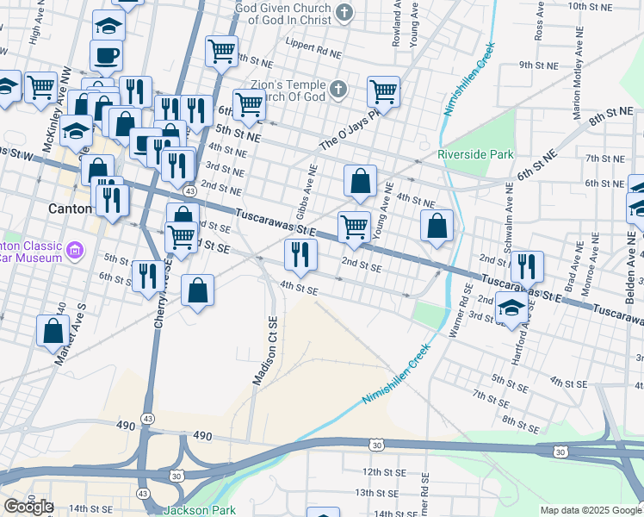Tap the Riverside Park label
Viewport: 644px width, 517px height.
475,154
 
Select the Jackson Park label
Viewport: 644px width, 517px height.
199,510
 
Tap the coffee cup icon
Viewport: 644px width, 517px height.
107,56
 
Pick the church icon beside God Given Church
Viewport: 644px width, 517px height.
344,12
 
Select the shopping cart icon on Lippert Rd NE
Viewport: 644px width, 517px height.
221,51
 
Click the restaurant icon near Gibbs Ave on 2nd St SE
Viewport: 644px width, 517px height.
300,254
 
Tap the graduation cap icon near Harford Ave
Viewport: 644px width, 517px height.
511,308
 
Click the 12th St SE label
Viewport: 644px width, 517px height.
383,472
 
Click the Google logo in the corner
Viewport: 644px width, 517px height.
28,506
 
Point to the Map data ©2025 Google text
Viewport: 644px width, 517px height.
591,510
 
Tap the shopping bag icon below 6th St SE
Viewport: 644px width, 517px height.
198,290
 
